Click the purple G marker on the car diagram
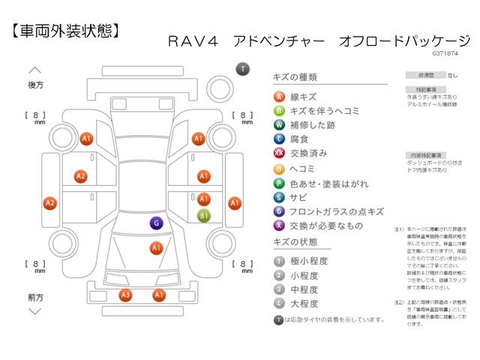[x=156, y=223]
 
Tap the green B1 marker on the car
[x=203, y=216]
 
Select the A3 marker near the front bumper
[x=126, y=295]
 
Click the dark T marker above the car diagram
[x=242, y=69]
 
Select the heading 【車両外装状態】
[x=65, y=31]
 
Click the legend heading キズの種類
[x=296, y=77]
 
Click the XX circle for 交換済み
[x=279, y=154]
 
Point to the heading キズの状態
[x=296, y=242]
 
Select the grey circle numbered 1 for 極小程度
[x=279, y=261]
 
